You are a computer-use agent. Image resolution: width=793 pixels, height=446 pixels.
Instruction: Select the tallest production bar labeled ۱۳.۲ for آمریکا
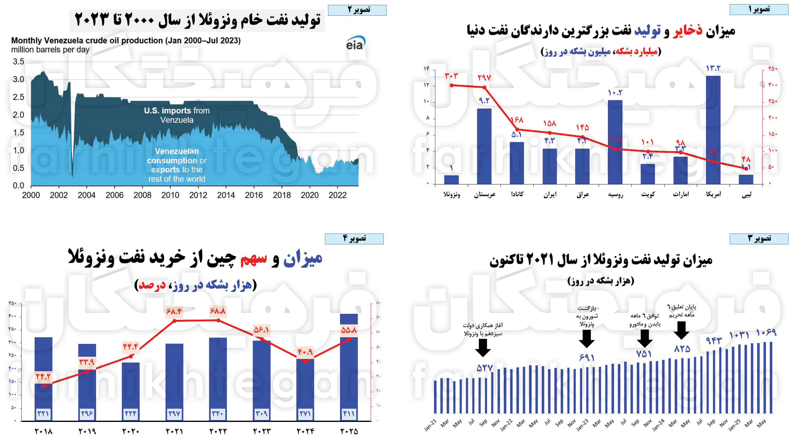[x=713, y=129]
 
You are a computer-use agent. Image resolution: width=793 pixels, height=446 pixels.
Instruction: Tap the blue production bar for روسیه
[x=615, y=142]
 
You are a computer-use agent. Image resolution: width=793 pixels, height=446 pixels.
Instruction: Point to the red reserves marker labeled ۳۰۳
[x=452, y=85]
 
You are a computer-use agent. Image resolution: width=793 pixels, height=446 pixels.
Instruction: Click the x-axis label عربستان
[x=485, y=194]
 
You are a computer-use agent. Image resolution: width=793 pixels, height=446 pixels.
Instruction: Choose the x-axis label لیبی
[x=746, y=194]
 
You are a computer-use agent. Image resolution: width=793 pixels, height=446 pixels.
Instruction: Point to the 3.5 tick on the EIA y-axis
[x=18, y=62]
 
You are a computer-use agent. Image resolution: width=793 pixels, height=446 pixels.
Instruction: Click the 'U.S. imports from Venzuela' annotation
[x=177, y=115]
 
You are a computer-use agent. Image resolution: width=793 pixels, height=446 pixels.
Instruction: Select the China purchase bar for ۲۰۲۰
[x=130, y=391]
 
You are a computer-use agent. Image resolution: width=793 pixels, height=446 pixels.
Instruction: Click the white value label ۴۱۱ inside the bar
[x=348, y=413]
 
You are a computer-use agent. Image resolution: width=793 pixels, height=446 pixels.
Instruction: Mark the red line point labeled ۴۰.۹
[x=305, y=362]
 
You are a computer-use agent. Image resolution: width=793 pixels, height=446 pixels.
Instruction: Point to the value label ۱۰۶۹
[x=766, y=333]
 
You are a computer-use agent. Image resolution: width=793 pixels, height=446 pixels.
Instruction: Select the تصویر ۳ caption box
[x=759, y=239]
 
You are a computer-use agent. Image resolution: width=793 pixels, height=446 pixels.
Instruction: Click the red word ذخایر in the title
[x=687, y=31]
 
